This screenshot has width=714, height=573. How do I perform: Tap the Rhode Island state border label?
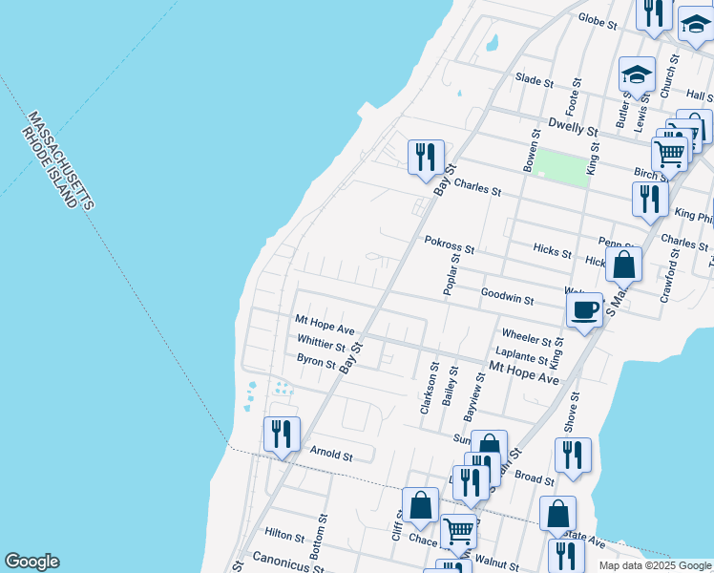tap(51, 167)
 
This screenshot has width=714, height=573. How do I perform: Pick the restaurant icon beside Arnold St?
tap(282, 434)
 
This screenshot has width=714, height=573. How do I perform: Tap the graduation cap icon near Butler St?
tap(637, 75)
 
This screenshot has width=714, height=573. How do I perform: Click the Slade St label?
tap(534, 79)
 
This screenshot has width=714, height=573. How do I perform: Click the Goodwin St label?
tap(507, 297)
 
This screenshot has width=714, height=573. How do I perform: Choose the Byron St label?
tap(316, 362)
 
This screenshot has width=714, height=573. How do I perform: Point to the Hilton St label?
tap(283, 537)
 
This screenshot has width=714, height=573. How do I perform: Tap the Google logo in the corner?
tap(31, 562)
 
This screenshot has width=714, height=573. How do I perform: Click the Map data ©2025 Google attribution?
tap(655, 565)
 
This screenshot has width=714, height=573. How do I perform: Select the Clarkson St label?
tap(428, 388)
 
